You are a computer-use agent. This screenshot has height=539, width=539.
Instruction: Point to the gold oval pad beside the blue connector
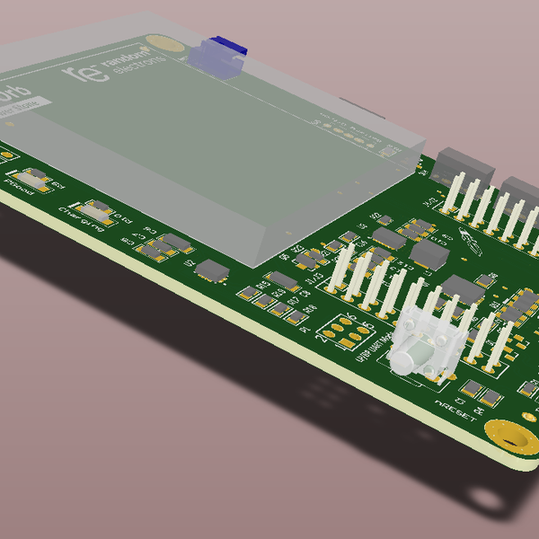point(163,40)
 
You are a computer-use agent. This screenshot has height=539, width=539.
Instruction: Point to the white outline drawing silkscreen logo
point(470,240)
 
